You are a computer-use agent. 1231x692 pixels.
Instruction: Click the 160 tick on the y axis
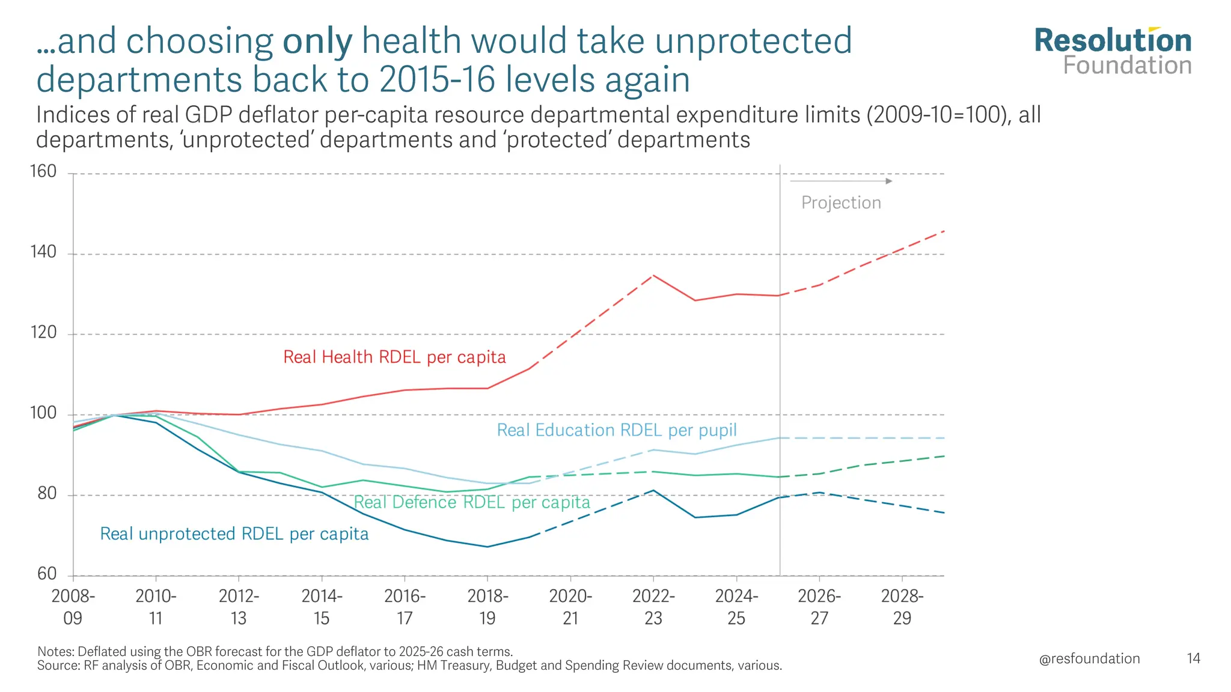pos(43,172)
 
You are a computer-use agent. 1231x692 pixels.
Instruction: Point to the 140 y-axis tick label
pos(43,252)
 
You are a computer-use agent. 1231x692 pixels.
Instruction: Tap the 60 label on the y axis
pos(46,574)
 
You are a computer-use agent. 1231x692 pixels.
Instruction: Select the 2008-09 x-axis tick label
pos(73,607)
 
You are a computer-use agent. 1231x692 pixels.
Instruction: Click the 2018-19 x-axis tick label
pos(487,607)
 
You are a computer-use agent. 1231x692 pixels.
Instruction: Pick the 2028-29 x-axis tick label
pos(902,607)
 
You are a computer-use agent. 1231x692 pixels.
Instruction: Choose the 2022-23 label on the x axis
pos(653,607)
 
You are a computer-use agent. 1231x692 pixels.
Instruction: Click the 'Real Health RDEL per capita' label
pos(394,357)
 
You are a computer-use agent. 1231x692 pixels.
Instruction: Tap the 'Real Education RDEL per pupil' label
pos(617,430)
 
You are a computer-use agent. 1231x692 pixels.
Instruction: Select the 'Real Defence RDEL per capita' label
pos(472,502)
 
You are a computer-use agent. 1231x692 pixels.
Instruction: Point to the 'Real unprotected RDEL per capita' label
pos(234,534)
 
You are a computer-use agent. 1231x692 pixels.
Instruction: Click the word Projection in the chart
pos(841,203)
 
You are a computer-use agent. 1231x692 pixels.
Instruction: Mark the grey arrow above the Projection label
pos(841,181)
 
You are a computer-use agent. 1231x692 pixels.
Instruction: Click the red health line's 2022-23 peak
pos(653,276)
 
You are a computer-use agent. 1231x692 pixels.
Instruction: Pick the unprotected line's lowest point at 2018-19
pos(487,547)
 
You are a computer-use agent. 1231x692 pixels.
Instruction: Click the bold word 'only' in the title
pos(317,42)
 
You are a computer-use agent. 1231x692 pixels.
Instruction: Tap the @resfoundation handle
pos(1089,659)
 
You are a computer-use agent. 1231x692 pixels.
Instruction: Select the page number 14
pos(1193,659)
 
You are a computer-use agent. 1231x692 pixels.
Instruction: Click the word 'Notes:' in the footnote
pos(55,652)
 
